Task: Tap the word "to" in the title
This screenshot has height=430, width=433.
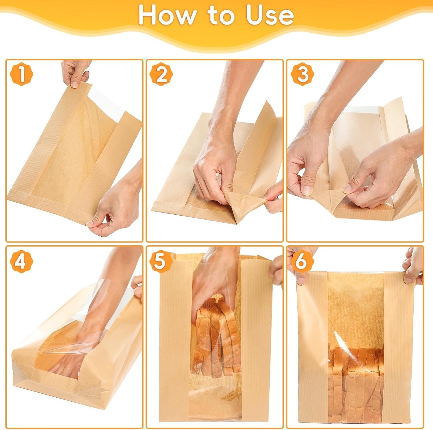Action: [221, 16]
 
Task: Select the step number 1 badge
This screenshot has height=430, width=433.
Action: [22, 75]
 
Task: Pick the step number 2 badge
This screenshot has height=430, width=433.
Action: [161, 75]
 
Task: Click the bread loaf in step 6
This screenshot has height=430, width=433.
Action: [357, 381]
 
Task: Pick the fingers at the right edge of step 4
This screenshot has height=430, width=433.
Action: [137, 288]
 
